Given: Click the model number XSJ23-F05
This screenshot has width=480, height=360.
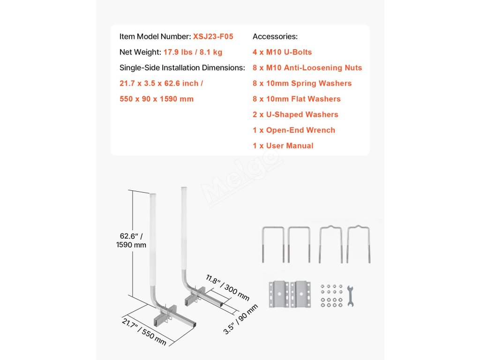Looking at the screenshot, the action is pyautogui.click(x=213, y=37).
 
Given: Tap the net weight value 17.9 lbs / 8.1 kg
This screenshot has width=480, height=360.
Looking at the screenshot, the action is pyautogui.click(x=193, y=52).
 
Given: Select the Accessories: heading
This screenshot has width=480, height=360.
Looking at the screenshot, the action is pyautogui.click(x=275, y=37).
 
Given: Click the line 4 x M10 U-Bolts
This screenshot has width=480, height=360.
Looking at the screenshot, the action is pyautogui.click(x=282, y=52).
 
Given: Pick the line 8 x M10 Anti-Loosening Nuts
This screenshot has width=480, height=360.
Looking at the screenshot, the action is pyautogui.click(x=307, y=67).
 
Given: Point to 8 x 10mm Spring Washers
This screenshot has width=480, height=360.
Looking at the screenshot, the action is pyautogui.click(x=302, y=83).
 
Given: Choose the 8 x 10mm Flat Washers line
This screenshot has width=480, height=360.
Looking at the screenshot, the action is pyautogui.click(x=296, y=99).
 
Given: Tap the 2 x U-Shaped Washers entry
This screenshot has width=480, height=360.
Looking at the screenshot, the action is pyautogui.click(x=295, y=114).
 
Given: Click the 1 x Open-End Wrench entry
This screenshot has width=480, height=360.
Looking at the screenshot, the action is pyautogui.click(x=294, y=130).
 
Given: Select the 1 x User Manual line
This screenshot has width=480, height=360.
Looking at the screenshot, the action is pyautogui.click(x=283, y=146).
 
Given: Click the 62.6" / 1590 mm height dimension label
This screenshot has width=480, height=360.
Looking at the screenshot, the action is pyautogui.click(x=131, y=240).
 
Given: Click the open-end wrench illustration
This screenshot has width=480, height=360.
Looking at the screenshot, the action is pyautogui.click(x=350, y=296).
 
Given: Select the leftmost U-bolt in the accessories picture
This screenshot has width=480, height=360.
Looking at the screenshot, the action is pyautogui.click(x=272, y=244).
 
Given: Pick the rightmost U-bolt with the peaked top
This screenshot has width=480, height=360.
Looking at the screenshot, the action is pyautogui.click(x=358, y=244).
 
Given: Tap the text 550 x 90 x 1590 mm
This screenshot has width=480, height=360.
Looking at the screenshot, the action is pyautogui.click(x=157, y=99).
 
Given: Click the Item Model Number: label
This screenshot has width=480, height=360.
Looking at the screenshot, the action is pyautogui.click(x=155, y=37).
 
